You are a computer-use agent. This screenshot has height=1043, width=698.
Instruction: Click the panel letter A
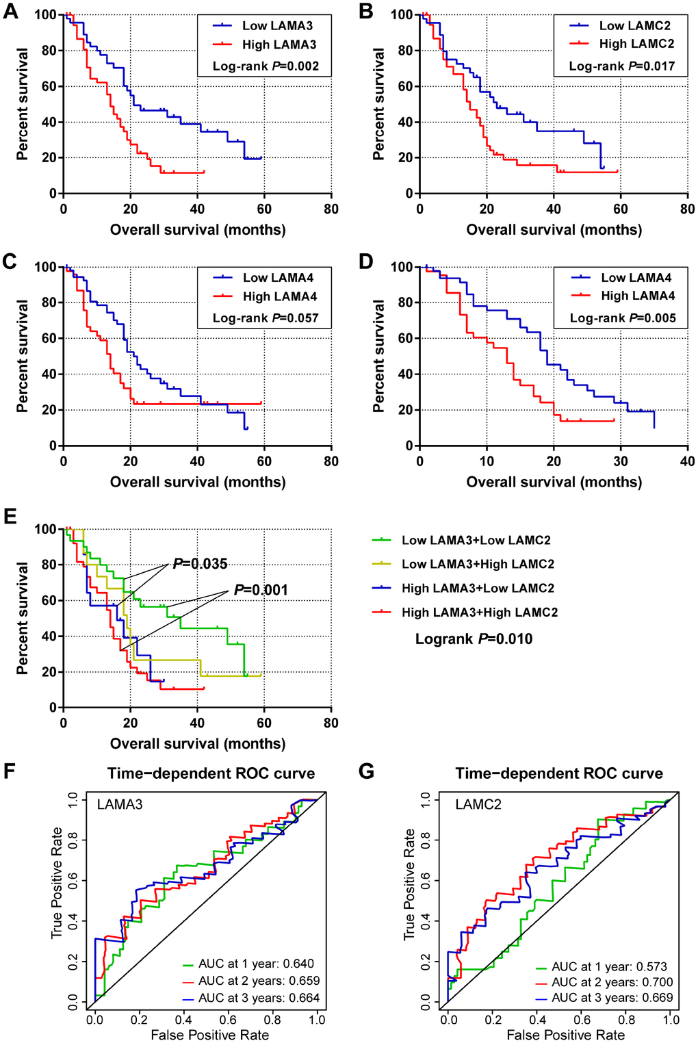(x=10, y=12)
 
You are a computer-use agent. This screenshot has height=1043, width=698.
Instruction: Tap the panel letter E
(x=10, y=515)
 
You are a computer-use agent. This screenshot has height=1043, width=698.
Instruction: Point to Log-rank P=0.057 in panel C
(x=266, y=318)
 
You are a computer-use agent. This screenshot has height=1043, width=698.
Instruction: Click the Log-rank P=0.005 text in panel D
(x=623, y=318)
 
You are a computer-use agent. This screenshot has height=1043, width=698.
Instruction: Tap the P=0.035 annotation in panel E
(x=200, y=564)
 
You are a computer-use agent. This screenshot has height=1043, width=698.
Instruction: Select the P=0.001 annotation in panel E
(x=261, y=590)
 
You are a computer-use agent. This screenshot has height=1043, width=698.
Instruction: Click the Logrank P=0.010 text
(x=474, y=639)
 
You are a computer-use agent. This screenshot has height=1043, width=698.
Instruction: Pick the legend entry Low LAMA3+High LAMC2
(x=477, y=564)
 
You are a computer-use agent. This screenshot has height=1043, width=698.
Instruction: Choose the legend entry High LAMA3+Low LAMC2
(x=477, y=588)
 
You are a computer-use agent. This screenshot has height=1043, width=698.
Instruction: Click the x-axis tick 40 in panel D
(x=686, y=461)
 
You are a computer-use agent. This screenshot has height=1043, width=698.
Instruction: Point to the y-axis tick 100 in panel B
(x=402, y=15)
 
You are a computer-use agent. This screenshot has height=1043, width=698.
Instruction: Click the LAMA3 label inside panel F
(x=120, y=805)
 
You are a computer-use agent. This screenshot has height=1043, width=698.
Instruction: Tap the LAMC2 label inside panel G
(x=478, y=805)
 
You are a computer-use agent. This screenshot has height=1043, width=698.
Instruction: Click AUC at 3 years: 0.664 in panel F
(x=259, y=998)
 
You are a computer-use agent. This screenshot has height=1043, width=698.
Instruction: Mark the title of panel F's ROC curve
(x=211, y=773)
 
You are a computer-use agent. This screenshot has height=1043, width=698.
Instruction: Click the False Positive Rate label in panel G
(x=565, y=1035)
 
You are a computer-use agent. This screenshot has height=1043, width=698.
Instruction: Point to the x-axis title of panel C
(x=198, y=482)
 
